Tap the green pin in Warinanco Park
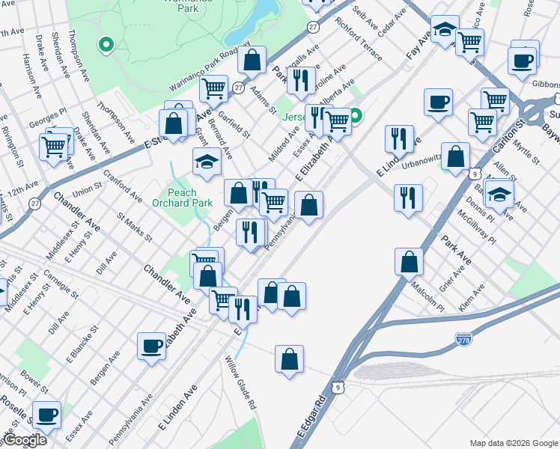coord(106,45)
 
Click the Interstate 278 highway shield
coord(464,339)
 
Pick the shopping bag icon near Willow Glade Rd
coord(289,359)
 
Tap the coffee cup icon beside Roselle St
coord(46,414)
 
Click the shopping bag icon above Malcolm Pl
coord(409,261)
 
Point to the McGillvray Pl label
coord(480,226)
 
